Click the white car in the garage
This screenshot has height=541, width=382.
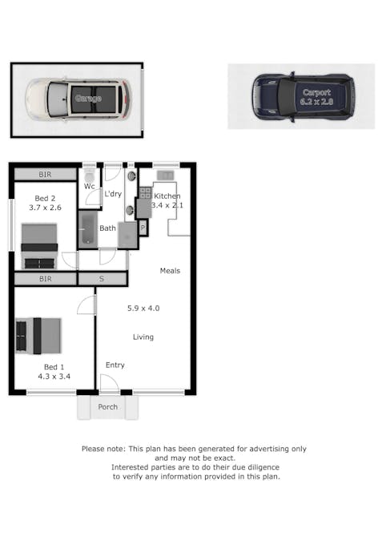[77, 99]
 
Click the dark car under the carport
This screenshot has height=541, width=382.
[302, 97]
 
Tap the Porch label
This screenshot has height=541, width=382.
[107, 407]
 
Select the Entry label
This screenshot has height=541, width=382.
[115, 365]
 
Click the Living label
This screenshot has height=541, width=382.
[143, 337]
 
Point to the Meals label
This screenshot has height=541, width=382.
[170, 271]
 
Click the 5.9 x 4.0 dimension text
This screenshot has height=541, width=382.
[143, 308]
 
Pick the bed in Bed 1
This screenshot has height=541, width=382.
[38, 336]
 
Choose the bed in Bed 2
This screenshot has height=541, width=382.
[39, 244]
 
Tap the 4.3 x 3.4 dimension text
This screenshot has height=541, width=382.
[54, 375]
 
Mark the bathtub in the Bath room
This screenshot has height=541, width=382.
[88, 229]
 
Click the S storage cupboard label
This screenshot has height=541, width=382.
[102, 279]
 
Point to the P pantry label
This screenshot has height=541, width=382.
[143, 228]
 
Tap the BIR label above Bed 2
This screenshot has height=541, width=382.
[45, 175]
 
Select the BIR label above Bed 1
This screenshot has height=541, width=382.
[45, 279]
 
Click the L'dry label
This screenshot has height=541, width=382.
[113, 194]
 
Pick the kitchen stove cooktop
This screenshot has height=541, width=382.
[146, 193]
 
